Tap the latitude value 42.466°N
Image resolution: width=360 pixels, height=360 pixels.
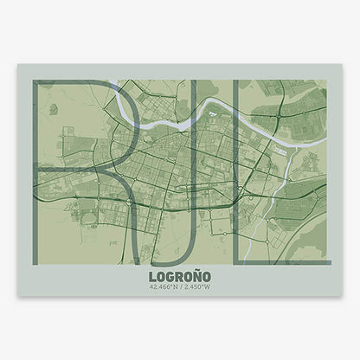(x=163, y=287)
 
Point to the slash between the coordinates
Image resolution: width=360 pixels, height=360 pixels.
(x=179, y=287)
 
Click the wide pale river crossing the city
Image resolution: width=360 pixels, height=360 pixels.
(x=173, y=121)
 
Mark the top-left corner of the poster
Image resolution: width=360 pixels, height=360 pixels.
(x=17, y=65)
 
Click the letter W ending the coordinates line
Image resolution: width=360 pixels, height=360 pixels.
(x=208, y=287)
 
